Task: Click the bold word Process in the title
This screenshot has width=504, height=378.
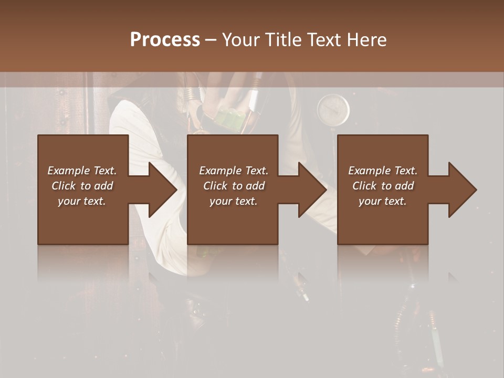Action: (x=165, y=39)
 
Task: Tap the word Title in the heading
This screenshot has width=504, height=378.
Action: (x=281, y=39)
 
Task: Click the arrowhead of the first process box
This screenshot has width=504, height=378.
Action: (x=161, y=190)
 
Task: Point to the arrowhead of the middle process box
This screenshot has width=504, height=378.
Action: (x=311, y=190)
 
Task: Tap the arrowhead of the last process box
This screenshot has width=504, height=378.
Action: (x=461, y=190)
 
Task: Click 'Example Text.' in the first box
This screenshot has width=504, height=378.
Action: (x=82, y=171)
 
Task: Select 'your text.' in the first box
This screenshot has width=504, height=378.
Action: (x=82, y=201)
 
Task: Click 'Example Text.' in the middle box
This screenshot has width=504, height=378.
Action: (x=234, y=171)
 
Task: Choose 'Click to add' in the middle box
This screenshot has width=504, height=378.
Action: (x=234, y=186)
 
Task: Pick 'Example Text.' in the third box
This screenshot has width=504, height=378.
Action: (x=383, y=171)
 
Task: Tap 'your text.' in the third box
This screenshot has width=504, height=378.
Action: (x=383, y=201)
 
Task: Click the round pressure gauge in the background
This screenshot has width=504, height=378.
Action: (x=333, y=110)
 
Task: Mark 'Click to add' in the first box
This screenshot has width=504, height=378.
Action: (x=82, y=186)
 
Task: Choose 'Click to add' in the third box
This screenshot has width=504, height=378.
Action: (x=383, y=186)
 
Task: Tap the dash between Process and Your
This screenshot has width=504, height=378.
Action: (x=211, y=39)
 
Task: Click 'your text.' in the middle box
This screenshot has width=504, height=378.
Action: (x=234, y=201)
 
